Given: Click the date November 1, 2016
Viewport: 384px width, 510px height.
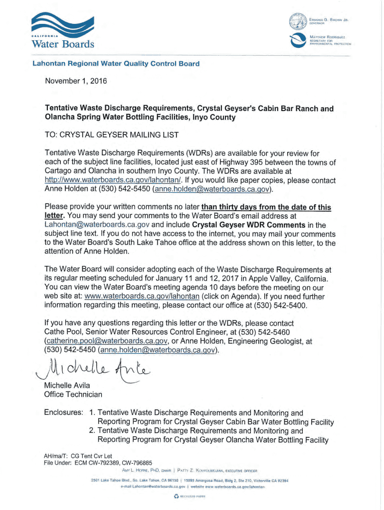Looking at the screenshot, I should [76, 81].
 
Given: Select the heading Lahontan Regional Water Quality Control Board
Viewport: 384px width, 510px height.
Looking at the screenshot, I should [116, 64].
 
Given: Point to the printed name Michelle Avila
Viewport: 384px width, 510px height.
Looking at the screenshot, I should [68, 385].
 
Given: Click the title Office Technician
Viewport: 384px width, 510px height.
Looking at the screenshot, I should [73, 394].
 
